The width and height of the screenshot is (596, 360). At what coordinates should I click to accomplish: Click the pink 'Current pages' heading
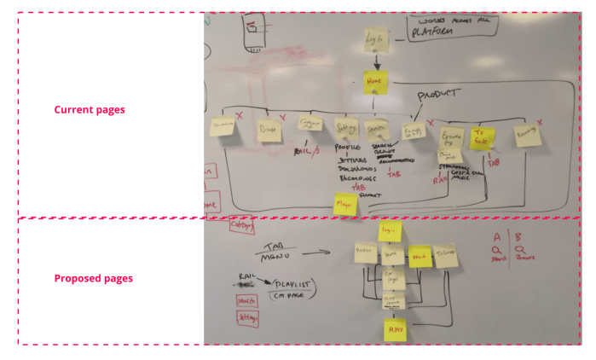pyautogui.click(x=90, y=110)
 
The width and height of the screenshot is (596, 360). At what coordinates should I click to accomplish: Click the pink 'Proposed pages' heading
pyautogui.click(x=93, y=278)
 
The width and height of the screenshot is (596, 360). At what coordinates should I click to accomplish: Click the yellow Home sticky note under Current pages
pyautogui.click(x=375, y=82)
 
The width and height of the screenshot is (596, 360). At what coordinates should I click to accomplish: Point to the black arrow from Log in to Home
pyautogui.click(x=376, y=61)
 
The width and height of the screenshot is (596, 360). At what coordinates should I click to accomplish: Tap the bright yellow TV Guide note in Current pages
pyautogui.click(x=483, y=139)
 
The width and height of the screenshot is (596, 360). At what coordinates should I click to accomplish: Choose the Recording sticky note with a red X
pyautogui.click(x=527, y=136)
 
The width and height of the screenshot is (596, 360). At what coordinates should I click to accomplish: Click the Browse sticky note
pyautogui.click(x=270, y=130)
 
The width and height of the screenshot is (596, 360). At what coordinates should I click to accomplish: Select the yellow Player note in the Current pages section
pyautogui.click(x=345, y=205)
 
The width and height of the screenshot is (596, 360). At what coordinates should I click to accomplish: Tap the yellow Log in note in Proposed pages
pyautogui.click(x=390, y=231)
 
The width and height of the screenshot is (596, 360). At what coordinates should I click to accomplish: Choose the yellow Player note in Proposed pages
pyautogui.click(x=395, y=328)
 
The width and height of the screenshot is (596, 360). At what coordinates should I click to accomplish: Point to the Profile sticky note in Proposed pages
pyautogui.click(x=365, y=253)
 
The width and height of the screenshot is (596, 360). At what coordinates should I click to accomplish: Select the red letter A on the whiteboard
pyautogui.click(x=496, y=236)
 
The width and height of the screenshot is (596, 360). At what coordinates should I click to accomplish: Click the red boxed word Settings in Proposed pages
pyautogui.click(x=249, y=316)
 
